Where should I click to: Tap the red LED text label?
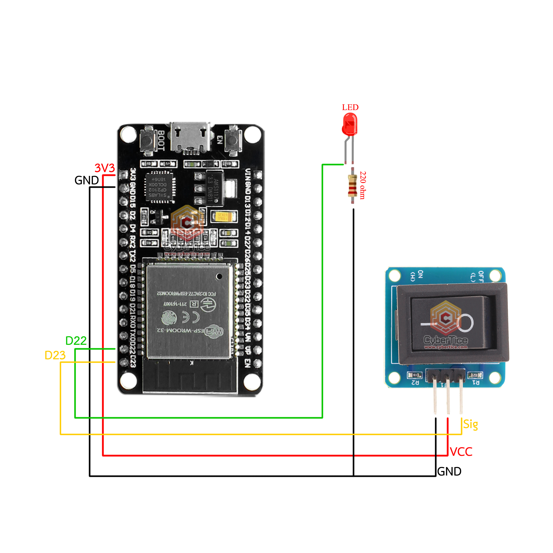point(350,107)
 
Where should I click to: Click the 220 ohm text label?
point(363,185)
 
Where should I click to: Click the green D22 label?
point(76,341)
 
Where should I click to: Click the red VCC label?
point(461,452)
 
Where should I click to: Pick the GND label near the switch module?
point(449,471)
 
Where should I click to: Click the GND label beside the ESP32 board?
point(86,180)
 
